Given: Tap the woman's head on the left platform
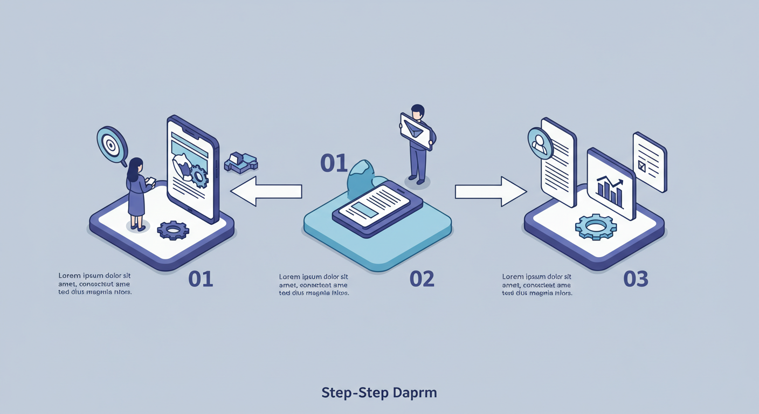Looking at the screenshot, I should point(135,166).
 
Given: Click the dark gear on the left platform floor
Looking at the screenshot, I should point(173,231).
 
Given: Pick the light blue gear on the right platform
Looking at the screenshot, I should point(596,226).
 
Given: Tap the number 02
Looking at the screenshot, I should point(422,279).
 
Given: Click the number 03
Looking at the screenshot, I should point(636,279).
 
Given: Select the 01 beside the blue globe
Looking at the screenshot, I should point(334,163).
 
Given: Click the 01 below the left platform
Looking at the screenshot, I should point(201,279).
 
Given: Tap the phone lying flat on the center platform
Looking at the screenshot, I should point(372,207).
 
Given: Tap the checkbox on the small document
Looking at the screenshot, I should point(641,166).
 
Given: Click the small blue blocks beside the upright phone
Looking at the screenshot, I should point(240,162).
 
